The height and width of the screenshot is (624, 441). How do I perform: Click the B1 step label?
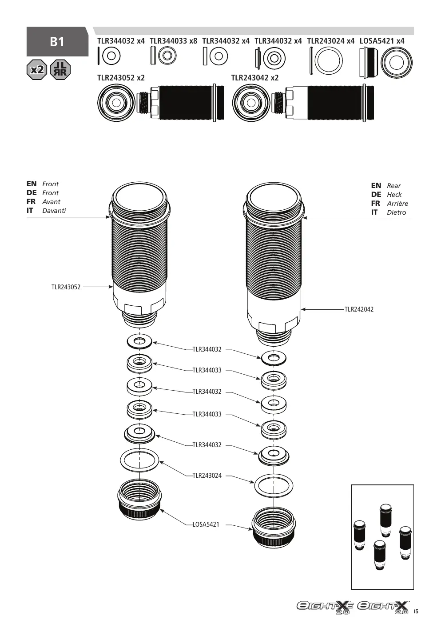[57, 42]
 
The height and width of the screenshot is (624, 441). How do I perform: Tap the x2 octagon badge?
[37, 70]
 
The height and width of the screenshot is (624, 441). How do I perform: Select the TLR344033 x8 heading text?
[174, 41]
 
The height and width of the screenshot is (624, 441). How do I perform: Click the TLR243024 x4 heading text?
[331, 41]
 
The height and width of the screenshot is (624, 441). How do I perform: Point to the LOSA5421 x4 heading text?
[382, 41]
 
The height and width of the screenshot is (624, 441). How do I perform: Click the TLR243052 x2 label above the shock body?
[121, 78]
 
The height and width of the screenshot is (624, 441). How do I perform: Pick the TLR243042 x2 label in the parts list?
[255, 78]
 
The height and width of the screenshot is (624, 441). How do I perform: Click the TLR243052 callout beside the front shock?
[66, 287]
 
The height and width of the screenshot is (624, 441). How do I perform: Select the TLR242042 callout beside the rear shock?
[359, 309]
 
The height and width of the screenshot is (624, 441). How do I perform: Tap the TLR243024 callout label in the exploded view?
[207, 476]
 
